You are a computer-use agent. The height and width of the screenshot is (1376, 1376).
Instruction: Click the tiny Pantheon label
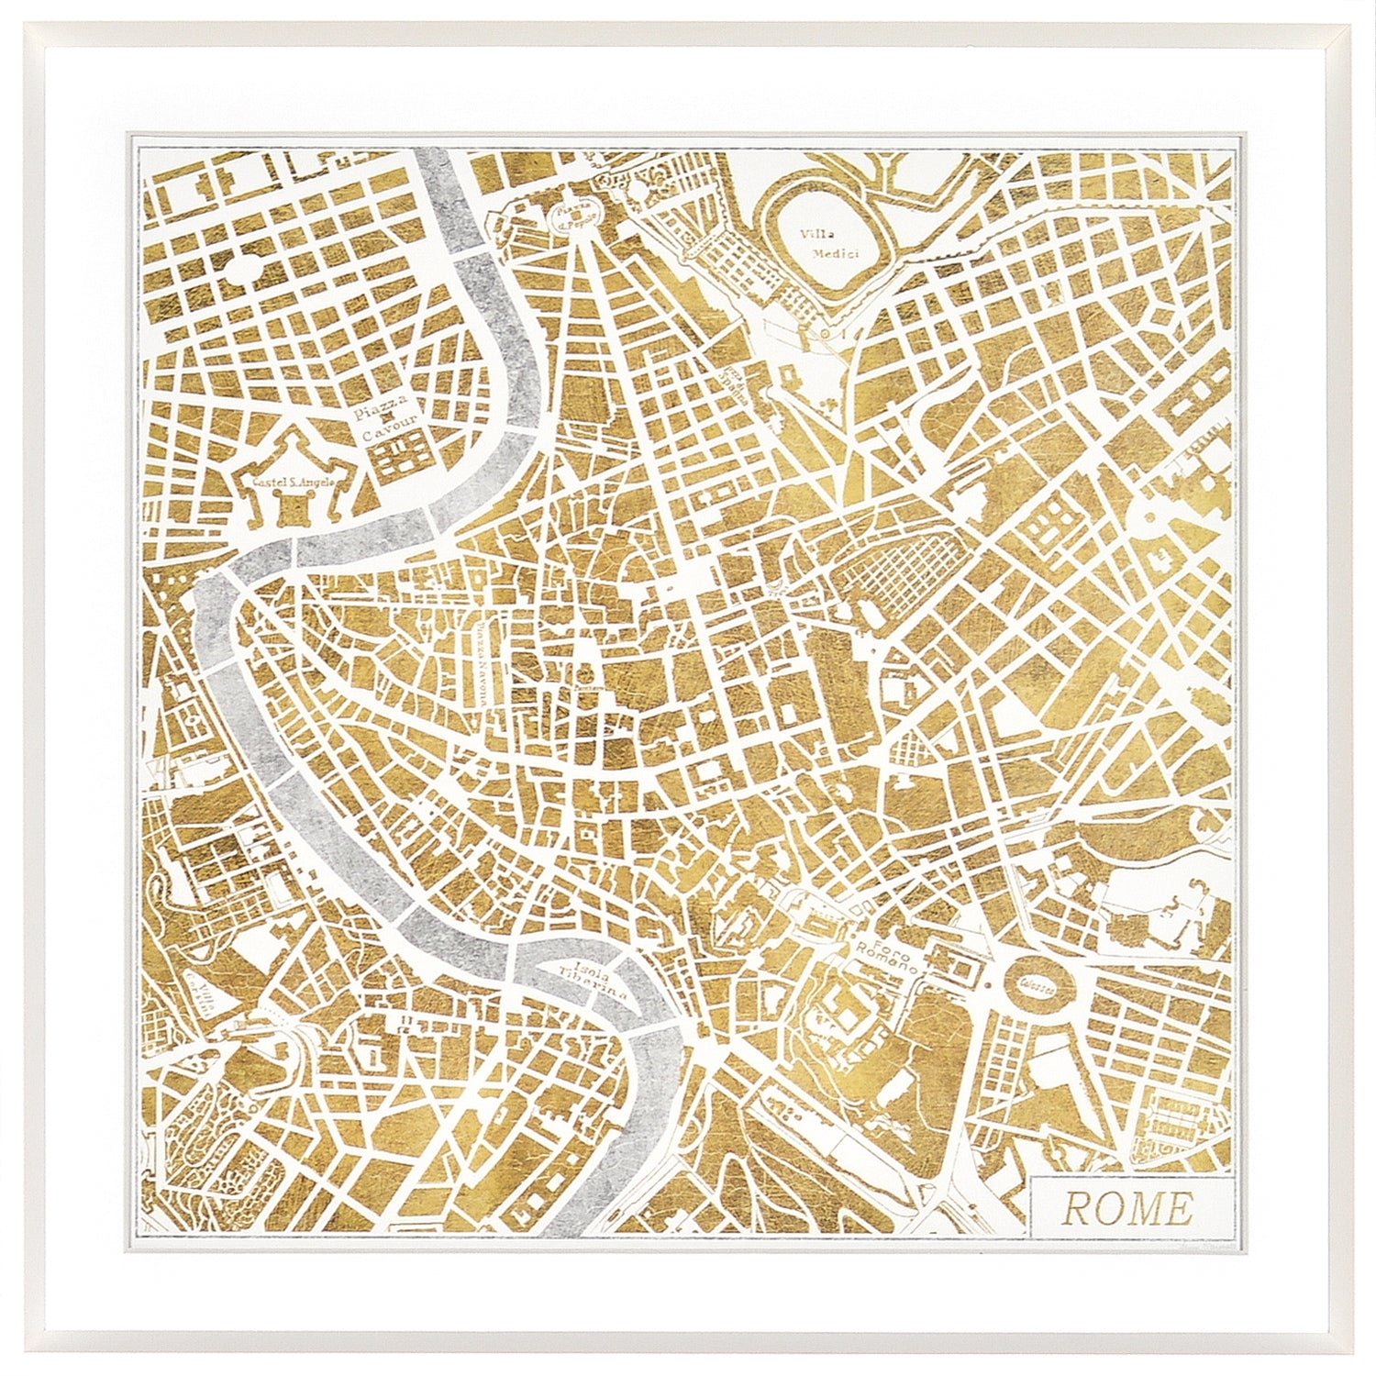[x=581, y=684]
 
